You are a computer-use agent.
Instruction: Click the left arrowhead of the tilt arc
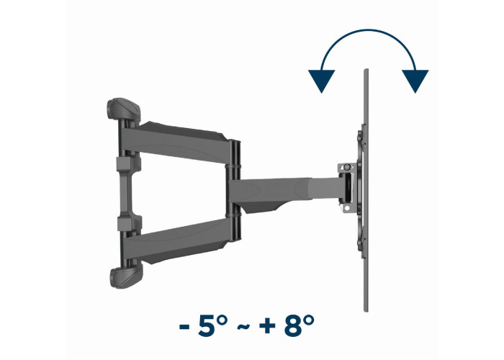coord(321,81)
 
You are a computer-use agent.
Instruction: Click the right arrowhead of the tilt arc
coord(415,81)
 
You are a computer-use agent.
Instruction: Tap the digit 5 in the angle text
coord(207,325)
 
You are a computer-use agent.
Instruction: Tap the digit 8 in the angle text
coord(293,325)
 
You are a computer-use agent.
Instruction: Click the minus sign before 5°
coord(184,327)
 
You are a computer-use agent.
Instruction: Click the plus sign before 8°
coord(267,327)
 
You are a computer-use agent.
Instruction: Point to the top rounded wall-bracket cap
coord(124,109)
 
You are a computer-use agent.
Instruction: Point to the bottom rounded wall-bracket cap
coord(126,277)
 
